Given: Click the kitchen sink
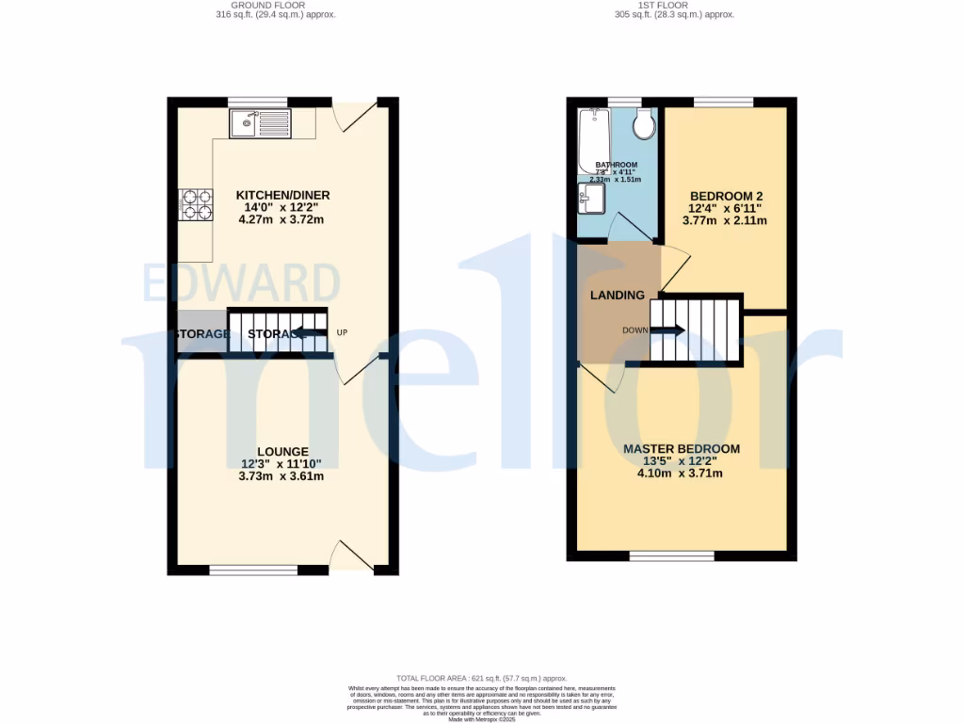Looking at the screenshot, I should [x=260, y=122].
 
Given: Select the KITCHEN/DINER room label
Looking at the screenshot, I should [x=282, y=195].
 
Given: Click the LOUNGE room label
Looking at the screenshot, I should [x=282, y=452].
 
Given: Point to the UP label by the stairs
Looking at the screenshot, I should [x=342, y=332].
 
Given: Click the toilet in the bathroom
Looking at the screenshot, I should [x=646, y=124].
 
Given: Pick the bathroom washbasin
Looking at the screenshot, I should [x=592, y=199].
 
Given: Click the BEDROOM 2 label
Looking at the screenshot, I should [x=724, y=195].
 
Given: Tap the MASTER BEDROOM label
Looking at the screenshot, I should [x=681, y=449].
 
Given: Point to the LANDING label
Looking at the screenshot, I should [x=617, y=295].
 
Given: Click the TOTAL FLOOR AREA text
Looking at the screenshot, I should [x=481, y=678].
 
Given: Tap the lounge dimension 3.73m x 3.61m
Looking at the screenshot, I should [x=282, y=475].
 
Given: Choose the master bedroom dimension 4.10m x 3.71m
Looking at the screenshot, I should [x=681, y=473].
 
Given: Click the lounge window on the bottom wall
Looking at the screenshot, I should [x=253, y=570].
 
